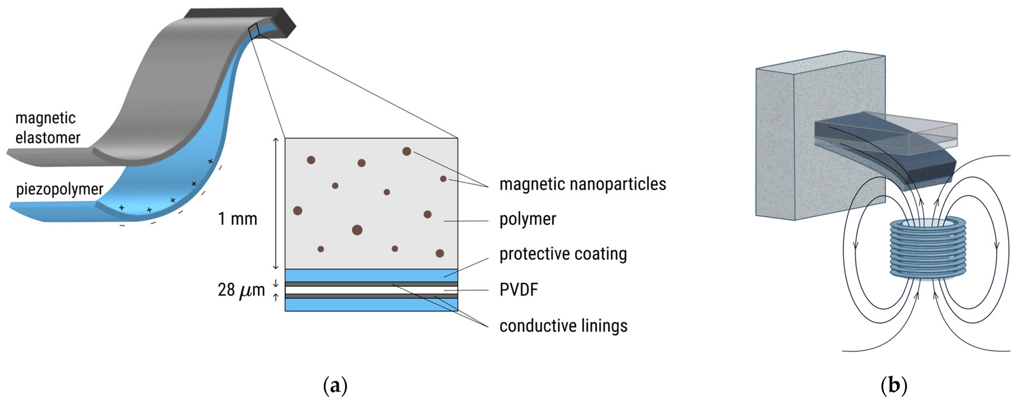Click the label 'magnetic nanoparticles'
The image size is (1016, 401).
[x=582, y=184]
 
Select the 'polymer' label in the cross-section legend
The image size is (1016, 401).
[x=528, y=219]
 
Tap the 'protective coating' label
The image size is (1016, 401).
[x=563, y=254]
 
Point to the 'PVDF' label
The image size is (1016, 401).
[x=519, y=290]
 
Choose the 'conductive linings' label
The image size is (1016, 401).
[x=563, y=326]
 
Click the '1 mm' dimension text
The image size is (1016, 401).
[x=238, y=219]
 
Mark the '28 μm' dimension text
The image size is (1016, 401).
[x=241, y=290]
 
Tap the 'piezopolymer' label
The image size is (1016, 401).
[x=59, y=189]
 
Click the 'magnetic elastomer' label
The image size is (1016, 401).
[x=47, y=128]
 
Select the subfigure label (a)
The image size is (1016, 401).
[x=335, y=385]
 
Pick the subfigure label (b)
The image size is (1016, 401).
[x=894, y=385]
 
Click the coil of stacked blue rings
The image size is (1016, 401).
[x=928, y=248]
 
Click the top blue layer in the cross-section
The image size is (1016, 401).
[x=371, y=275]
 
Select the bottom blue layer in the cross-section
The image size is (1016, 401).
[x=371, y=305]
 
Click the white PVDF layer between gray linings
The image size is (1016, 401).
[x=371, y=290]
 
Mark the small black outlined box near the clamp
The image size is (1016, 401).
[x=254, y=31]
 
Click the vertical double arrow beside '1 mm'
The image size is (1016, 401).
[x=275, y=203]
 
